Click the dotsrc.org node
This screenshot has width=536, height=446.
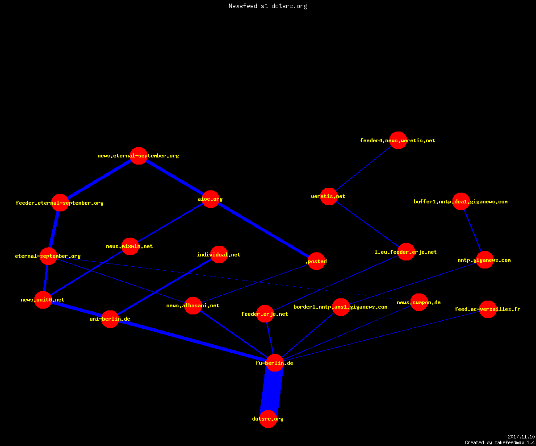268,419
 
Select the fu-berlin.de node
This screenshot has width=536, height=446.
275,363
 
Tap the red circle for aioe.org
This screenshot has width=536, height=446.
210,199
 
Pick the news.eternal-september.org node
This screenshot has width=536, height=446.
138,156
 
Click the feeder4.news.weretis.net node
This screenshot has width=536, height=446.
398,140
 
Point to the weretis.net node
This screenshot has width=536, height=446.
329,196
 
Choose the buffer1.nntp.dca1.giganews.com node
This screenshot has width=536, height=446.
461,201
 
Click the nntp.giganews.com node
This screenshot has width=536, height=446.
485,260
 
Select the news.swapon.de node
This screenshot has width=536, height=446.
419,302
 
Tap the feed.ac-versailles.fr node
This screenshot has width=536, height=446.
488,309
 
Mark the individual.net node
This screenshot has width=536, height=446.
219,254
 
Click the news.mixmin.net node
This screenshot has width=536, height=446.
130,246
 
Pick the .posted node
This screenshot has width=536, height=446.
317,261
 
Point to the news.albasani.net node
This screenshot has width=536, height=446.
193,305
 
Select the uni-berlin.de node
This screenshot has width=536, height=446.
110,319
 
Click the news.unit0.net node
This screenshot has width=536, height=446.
43,300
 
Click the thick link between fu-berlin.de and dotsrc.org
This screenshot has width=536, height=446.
271,391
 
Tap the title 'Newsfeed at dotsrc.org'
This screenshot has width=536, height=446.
268,6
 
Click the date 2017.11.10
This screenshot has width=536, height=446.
521,437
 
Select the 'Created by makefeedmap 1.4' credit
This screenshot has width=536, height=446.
500,442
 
